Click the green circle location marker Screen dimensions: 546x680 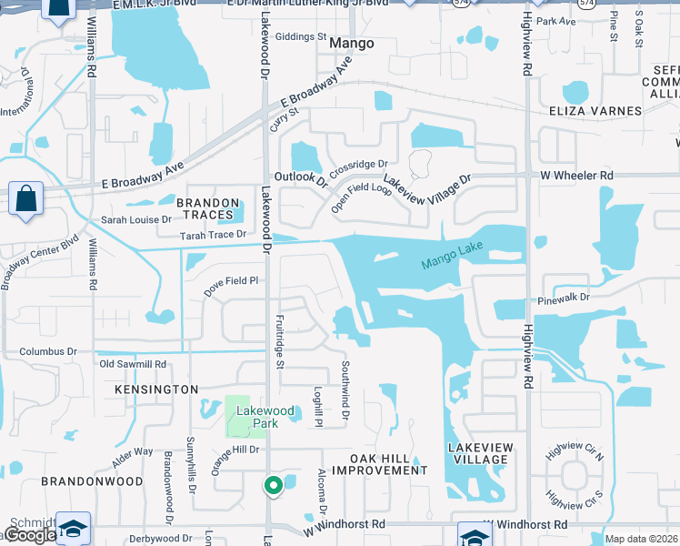(272, 486)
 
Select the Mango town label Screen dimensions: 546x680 (351, 43)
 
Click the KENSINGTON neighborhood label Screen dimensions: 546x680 (156, 389)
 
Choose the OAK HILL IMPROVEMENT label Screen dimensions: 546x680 (378, 464)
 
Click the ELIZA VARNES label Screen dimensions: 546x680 (595, 111)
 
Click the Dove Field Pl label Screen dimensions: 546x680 (231, 281)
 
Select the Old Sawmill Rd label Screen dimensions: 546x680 (133, 364)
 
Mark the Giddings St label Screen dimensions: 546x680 (299, 37)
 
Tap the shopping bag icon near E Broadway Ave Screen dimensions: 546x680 (26, 197)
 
